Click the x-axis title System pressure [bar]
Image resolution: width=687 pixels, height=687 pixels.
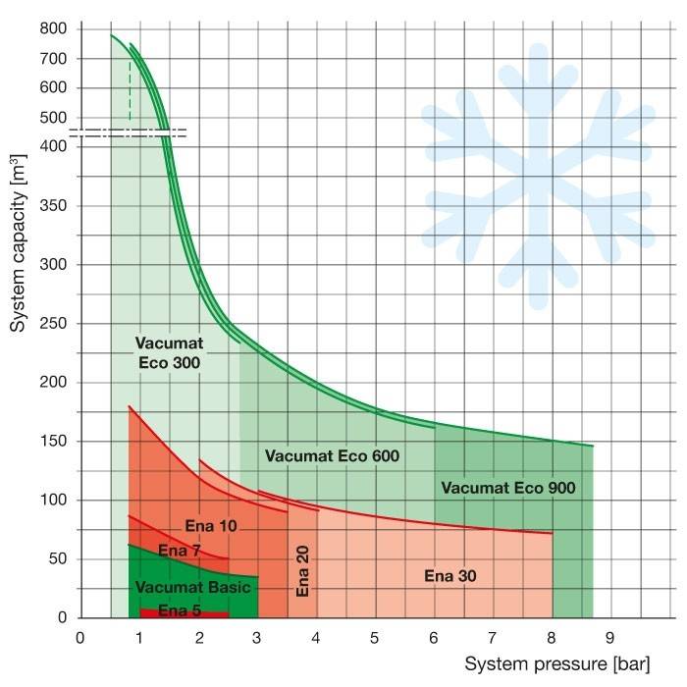pos(556,663)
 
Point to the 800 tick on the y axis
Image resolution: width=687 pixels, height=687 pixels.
pos(53,28)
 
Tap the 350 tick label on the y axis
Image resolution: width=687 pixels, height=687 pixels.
pos(53,206)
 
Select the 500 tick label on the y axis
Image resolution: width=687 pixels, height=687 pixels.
pos(53,118)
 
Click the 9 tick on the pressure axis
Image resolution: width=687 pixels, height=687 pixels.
pos(610,636)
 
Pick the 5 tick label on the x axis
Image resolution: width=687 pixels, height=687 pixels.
pos(375,636)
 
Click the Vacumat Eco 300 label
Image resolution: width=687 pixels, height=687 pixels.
pos(167,353)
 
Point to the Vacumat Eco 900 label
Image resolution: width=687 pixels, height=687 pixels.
pos(507,487)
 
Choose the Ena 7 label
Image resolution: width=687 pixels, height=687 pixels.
pos(179,552)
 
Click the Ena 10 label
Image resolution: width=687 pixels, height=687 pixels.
pos(211,527)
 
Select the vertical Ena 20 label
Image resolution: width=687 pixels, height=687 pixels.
pos(302,572)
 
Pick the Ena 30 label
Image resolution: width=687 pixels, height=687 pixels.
pos(450,575)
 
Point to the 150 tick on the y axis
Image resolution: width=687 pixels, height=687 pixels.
pos(53,442)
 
